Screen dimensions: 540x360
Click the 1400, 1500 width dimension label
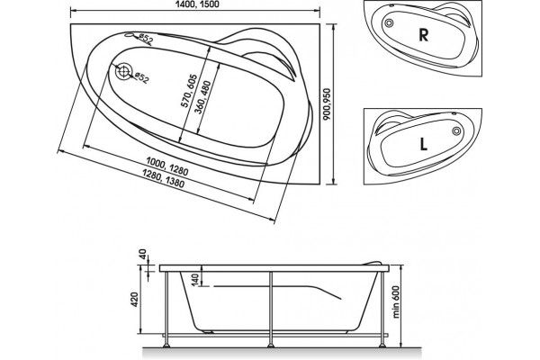point(198,4)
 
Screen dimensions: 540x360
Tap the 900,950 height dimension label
point(327,104)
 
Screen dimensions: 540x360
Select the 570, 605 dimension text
point(189,91)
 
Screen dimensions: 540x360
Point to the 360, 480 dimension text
point(202,97)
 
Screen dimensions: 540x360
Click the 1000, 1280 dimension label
point(167,166)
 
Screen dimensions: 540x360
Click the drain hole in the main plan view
point(123,72)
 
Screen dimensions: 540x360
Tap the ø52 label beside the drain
point(141,77)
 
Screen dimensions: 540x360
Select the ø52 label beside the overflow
point(145,39)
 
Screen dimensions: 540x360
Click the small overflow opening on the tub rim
point(128,35)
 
